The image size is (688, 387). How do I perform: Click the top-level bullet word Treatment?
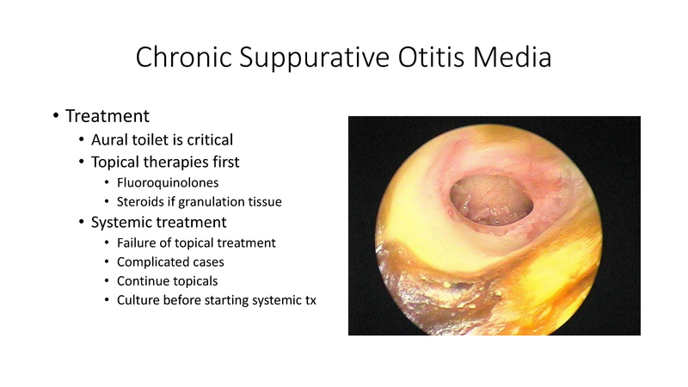[107, 115]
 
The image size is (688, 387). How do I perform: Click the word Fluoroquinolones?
[167, 182]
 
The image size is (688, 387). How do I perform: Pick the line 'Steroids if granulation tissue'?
[199, 202]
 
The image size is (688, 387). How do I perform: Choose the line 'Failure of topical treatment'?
[196, 243]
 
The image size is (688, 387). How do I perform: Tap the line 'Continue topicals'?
[166, 280]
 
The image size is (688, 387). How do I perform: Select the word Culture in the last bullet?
[138, 300]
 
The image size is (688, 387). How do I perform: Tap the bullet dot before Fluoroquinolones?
[106, 183]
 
